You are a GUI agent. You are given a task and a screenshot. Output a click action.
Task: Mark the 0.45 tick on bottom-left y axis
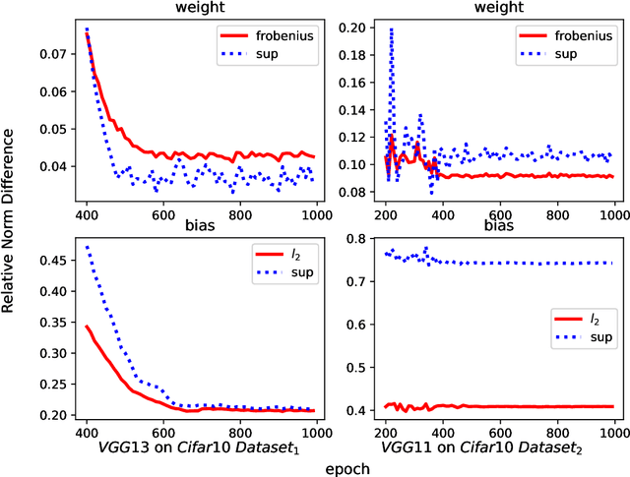tap(48, 260)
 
